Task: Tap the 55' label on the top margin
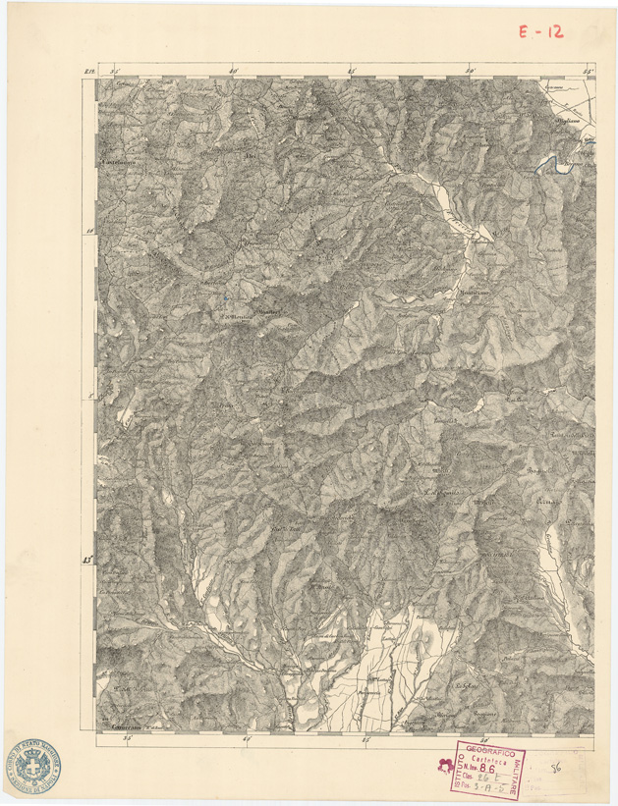(x=588, y=71)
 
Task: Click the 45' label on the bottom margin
(x=365, y=740)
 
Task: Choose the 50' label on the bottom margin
(x=482, y=740)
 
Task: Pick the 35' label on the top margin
(x=115, y=71)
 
